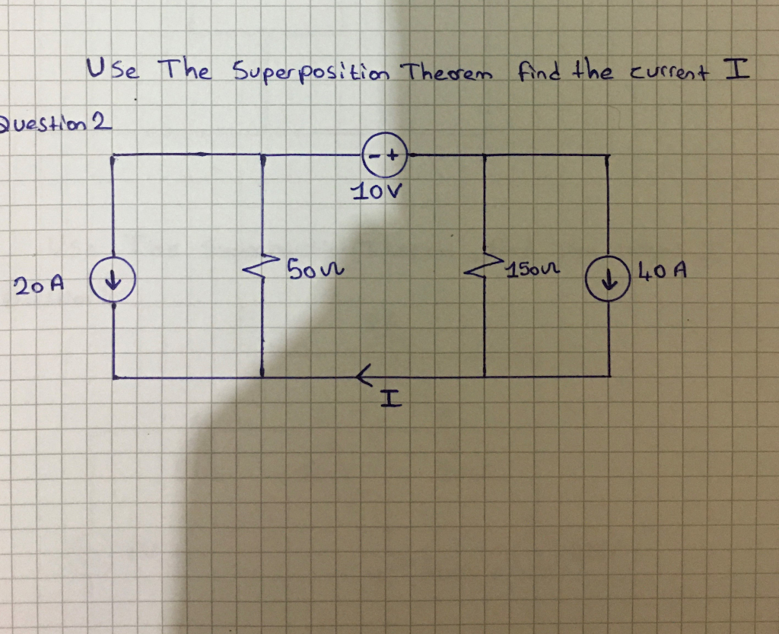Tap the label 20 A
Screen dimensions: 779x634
tap(37, 285)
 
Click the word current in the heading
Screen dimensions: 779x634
tap(665, 75)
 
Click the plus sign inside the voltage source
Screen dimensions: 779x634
tap(393, 156)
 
